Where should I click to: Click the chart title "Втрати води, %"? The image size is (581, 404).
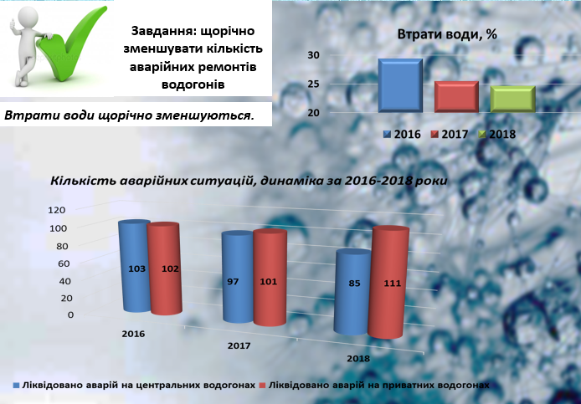[447, 34]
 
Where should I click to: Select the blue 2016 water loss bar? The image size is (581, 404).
[400, 85]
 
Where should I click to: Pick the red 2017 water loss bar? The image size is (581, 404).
[456, 97]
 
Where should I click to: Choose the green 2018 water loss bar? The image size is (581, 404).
[513, 99]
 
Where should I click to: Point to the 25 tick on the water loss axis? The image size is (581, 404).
[313, 84]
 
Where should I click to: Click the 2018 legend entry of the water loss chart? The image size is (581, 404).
[497, 134]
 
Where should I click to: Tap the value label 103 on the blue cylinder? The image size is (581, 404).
[136, 268]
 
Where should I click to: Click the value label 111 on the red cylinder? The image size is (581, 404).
[393, 284]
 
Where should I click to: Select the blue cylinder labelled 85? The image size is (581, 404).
[353, 293]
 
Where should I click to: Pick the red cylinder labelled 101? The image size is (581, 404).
[270, 278]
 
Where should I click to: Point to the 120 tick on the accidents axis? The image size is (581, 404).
[57, 210]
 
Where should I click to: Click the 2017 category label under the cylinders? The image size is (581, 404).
[239, 345]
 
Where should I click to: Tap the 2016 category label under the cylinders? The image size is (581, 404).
[133, 334]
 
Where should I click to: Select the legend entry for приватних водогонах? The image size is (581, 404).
[374, 385]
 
